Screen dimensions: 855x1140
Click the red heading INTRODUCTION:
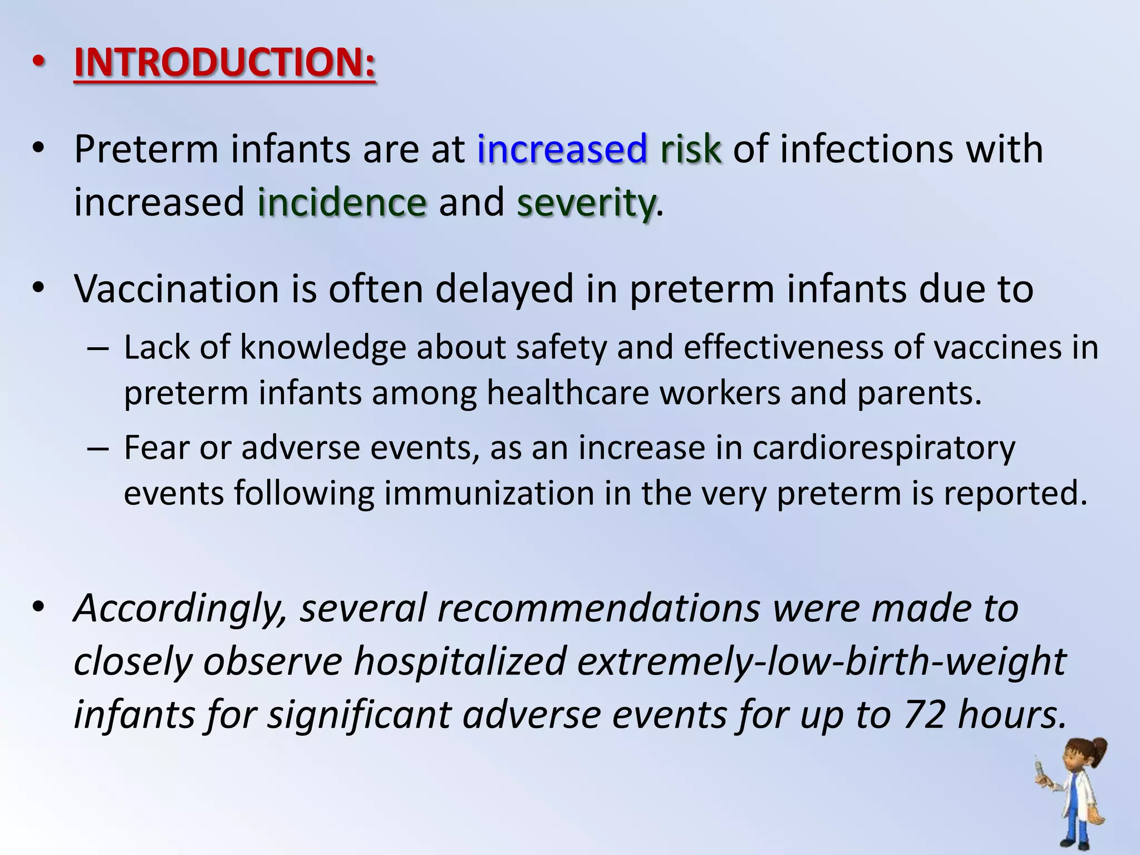225,62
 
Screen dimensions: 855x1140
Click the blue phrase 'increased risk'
600,149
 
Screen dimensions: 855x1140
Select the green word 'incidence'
342,202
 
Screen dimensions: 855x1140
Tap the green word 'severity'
586,203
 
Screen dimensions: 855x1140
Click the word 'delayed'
504,289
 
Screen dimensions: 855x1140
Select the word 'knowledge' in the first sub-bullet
323,348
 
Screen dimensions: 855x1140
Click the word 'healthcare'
568,393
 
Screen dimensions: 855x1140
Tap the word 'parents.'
919,393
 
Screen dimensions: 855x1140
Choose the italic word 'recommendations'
599,608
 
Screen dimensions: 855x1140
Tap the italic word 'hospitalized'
460,661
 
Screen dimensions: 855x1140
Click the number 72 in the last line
924,714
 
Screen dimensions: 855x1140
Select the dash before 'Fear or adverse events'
98,449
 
